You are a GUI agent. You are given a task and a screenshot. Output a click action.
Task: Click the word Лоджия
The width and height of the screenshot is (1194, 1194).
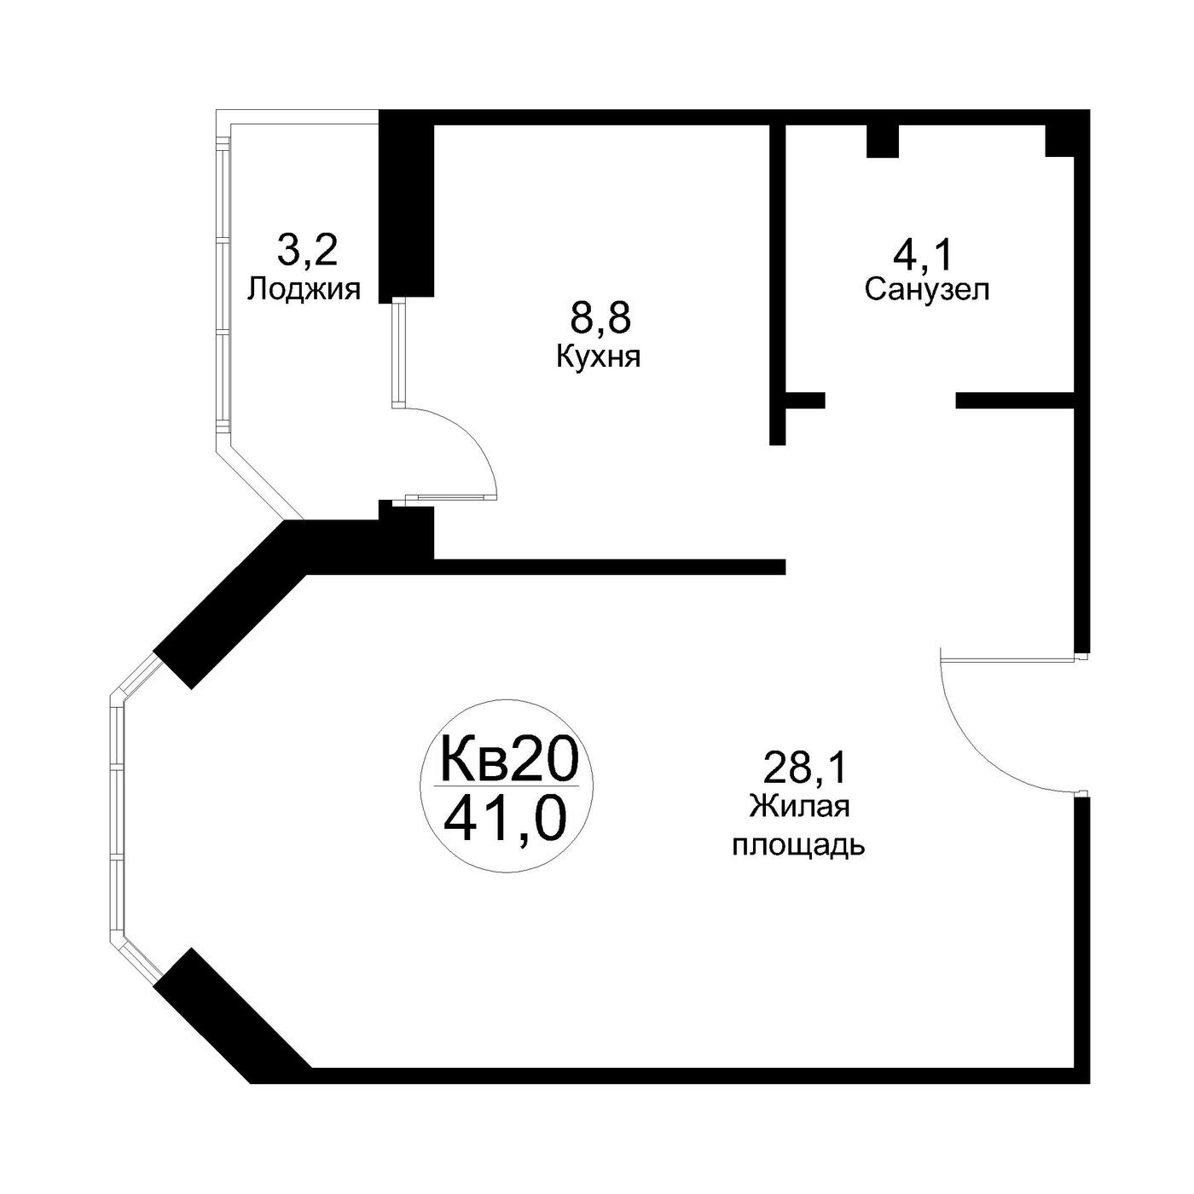click(x=304, y=290)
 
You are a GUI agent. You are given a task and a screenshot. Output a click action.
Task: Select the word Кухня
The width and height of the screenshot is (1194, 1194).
click(x=598, y=356)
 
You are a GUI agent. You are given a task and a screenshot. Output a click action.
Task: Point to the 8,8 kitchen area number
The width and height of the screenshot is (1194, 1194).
click(x=600, y=319)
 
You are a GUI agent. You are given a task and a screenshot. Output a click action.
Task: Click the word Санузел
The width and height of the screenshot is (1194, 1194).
click(x=927, y=289)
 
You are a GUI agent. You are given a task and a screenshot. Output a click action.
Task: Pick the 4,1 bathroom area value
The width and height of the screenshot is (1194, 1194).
click(x=921, y=254)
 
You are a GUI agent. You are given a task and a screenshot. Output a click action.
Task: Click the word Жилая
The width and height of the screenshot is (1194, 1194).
click(x=799, y=807)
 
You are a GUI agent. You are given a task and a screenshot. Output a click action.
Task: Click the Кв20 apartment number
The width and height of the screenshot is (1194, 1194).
click(x=508, y=760)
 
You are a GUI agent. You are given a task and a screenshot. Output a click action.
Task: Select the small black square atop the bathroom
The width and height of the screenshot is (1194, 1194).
click(x=882, y=142)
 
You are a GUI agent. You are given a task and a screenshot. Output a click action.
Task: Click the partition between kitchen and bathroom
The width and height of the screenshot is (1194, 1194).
click(x=778, y=285)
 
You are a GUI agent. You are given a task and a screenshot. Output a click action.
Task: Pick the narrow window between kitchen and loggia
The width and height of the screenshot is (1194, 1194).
click(x=397, y=352)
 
